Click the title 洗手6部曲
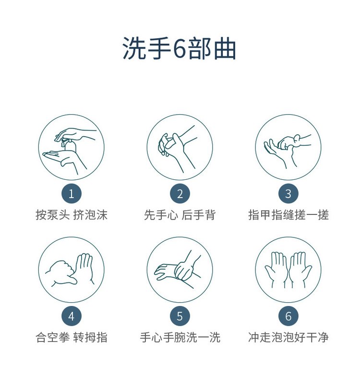point(180,49)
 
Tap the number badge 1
point(71,194)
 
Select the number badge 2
point(180,194)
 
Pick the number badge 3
point(288,194)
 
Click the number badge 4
point(71,316)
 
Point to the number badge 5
point(180,316)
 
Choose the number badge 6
point(288,316)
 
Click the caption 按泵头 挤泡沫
point(71,215)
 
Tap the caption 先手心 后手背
point(180,215)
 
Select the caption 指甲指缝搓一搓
point(288,215)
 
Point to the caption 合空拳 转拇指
point(71,338)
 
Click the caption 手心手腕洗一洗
point(180,338)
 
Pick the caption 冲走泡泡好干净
point(288,338)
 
